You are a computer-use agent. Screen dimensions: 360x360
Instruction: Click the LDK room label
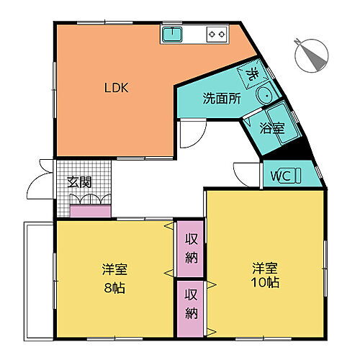pos(116,89)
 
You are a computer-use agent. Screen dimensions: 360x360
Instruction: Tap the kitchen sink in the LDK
pos(172,33)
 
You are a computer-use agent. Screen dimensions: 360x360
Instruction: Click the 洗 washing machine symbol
pos(252,73)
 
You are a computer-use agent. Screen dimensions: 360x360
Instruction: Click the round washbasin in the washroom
pos(265,94)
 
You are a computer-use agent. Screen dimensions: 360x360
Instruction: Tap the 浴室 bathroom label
pos(271,130)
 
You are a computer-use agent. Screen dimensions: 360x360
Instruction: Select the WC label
pos(280,174)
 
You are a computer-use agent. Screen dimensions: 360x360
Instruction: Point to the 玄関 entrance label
pos(79,182)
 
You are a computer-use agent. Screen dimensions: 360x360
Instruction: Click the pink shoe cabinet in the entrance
pos(91,212)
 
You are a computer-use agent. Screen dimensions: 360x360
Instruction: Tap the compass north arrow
pos(312,55)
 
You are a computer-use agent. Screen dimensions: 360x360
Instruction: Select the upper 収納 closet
pos(192,248)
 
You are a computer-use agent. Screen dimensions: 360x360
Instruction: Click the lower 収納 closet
pos(192,306)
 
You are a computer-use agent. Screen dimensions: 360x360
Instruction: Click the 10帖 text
pos(266,282)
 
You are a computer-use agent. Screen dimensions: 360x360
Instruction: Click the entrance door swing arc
pos(32,187)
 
